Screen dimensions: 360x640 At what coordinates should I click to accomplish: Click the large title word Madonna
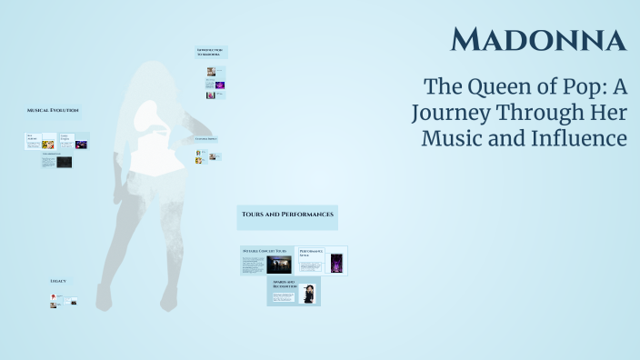coord(538,39)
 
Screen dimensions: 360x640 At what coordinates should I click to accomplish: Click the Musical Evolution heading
coord(53,110)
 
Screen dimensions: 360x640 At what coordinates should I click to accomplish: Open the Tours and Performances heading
coord(287,215)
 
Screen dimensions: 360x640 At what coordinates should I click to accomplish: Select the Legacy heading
coord(57,281)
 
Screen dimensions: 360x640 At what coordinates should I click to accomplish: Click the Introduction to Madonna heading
coord(211,52)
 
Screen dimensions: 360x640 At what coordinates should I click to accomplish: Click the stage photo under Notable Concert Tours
coord(278,265)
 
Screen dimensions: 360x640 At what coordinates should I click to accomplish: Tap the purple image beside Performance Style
coord(336,263)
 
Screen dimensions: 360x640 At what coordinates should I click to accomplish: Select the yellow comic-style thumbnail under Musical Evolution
coord(49,144)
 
